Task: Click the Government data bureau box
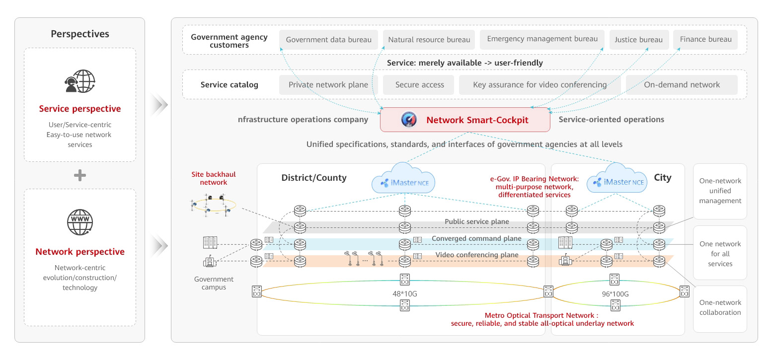coord(328,40)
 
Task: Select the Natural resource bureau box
coord(429,40)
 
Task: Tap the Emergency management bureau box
coord(542,40)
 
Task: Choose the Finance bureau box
coord(705,40)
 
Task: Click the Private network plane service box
coord(328,85)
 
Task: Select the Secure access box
coord(419,85)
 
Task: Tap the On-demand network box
coord(681,85)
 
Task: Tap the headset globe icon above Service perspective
coord(79,81)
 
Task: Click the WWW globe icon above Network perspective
coord(79,222)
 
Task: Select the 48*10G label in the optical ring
coord(404,294)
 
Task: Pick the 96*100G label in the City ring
coord(615,294)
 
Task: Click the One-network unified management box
coord(720,191)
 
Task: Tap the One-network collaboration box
coord(720,308)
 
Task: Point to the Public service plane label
coord(476,222)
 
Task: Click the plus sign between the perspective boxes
coord(79,175)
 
